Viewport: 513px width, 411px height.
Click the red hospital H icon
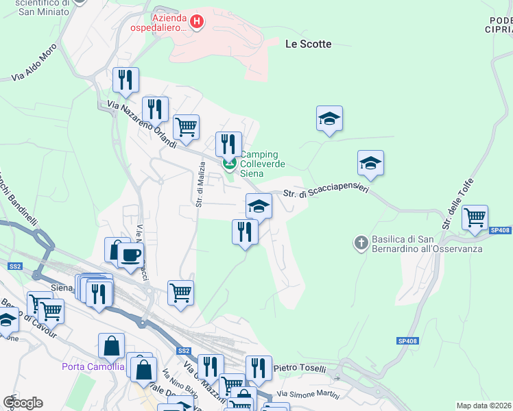197,22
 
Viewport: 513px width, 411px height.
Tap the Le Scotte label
308,44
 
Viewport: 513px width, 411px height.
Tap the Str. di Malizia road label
201,184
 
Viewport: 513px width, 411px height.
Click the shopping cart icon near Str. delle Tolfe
475,219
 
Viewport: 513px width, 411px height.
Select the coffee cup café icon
130,255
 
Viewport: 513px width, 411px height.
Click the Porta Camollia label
93,366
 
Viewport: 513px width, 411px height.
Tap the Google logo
23,403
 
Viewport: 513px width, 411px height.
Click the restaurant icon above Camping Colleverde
228,144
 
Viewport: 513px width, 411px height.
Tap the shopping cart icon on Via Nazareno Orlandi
186,127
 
